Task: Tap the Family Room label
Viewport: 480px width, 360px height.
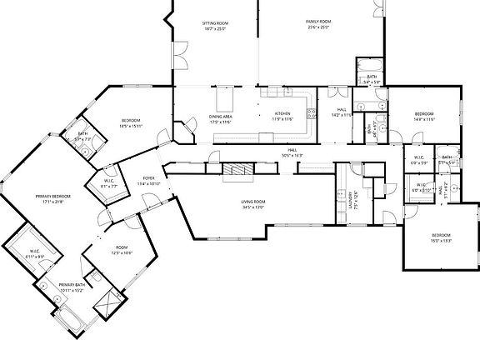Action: pyautogui.click(x=317, y=23)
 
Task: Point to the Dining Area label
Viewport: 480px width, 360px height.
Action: pyautogui.click(x=219, y=118)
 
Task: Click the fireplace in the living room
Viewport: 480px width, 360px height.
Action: pyautogui.click(x=239, y=172)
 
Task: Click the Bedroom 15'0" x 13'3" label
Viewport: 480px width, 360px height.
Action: pyautogui.click(x=441, y=238)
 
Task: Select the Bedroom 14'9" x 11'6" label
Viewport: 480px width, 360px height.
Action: pyautogui.click(x=424, y=116)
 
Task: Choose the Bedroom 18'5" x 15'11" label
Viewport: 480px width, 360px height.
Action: pyautogui.click(x=132, y=123)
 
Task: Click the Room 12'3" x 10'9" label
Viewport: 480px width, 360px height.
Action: pyautogui.click(x=122, y=249)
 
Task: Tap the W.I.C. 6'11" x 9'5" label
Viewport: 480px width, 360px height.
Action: pyautogui.click(x=35, y=253)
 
